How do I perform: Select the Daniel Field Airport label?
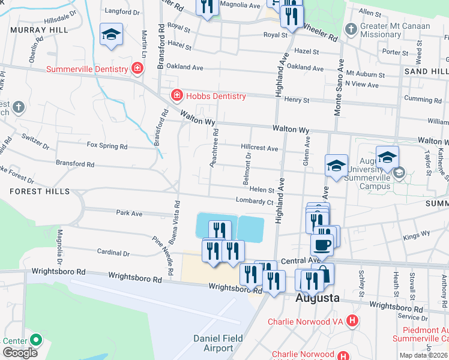point(218,343)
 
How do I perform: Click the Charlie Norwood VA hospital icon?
point(352,321)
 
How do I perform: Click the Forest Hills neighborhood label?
point(35,191)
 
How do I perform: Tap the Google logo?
point(20,353)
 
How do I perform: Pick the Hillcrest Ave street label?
point(259,148)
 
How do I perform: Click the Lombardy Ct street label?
point(255,202)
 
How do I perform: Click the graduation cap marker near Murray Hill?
point(111,35)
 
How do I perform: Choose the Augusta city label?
point(318,298)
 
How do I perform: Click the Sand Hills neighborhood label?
point(426,71)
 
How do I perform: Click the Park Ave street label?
point(129,213)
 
